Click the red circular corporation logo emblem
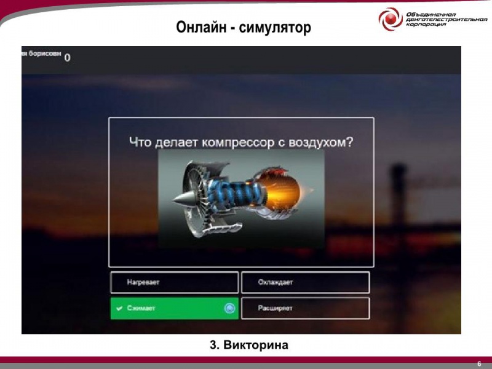pyautogui.click(x=391, y=20)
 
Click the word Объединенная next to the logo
pyautogui.click(x=430, y=14)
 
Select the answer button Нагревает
pyautogui.click(x=174, y=282)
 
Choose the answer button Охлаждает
pyautogui.click(x=305, y=282)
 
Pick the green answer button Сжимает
pyautogui.click(x=174, y=308)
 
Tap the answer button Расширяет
pyautogui.click(x=305, y=308)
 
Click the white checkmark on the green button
pyautogui.click(x=119, y=308)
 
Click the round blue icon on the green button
pyautogui.click(x=229, y=308)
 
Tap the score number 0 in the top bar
pyautogui.click(x=67, y=58)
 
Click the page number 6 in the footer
pyautogui.click(x=478, y=363)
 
